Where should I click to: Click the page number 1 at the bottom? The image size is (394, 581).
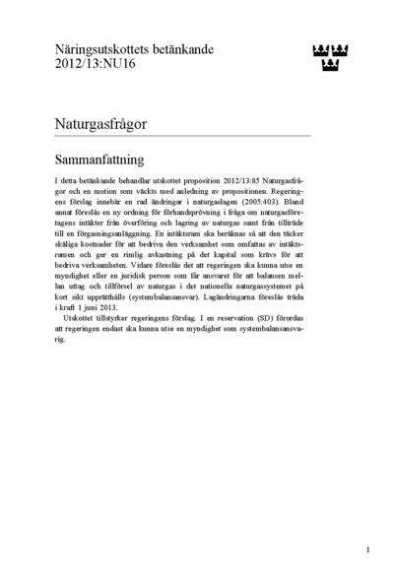click(366, 549)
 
